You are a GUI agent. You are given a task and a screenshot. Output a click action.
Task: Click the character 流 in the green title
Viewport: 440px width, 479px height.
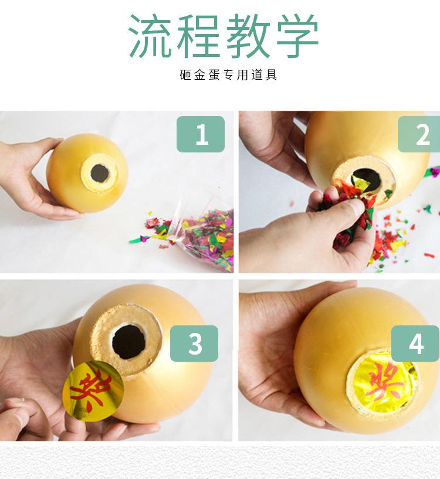[150, 36]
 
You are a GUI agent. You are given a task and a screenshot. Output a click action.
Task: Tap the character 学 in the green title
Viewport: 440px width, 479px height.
[297, 36]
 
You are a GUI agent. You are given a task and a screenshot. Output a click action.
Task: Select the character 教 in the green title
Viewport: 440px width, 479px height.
[248, 36]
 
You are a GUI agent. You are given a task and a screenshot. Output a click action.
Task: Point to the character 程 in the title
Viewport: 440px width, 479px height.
[199, 36]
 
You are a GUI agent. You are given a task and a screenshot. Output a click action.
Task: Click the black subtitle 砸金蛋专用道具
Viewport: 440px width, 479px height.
[228, 75]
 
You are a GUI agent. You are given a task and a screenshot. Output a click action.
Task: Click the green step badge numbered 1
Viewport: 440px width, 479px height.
[201, 134]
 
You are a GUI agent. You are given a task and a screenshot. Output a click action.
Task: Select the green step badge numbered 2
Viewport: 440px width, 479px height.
[419, 134]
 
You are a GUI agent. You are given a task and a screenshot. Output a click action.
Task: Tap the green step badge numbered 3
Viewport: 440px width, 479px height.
[194, 344]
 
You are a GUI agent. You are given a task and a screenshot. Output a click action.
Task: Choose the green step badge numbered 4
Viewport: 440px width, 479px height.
[415, 344]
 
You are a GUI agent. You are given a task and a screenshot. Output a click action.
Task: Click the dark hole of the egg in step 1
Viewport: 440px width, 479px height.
[100, 173]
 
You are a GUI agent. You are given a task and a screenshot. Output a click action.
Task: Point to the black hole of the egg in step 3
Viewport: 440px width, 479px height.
[128, 342]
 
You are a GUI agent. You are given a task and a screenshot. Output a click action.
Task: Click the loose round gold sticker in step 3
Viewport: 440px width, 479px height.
[93, 391]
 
